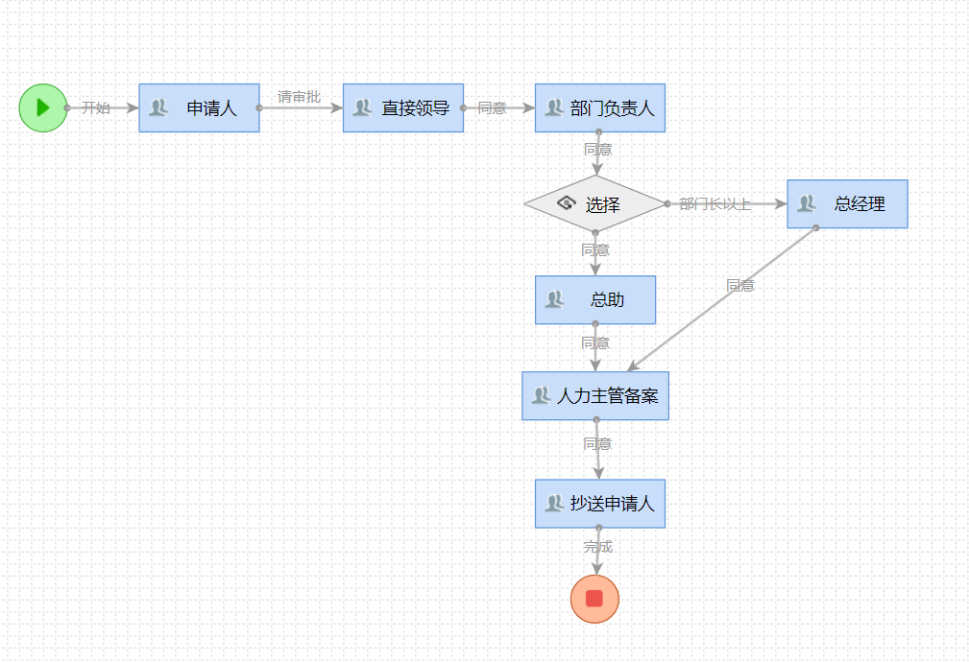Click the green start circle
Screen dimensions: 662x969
click(x=42, y=107)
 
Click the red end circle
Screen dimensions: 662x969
click(x=594, y=599)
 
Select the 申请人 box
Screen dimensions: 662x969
click(x=199, y=107)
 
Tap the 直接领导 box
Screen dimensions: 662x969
click(x=403, y=107)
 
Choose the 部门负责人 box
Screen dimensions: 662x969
click(x=600, y=107)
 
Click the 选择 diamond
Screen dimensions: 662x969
click(x=595, y=204)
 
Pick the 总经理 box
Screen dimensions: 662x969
click(x=847, y=203)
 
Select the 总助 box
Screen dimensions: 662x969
click(x=595, y=299)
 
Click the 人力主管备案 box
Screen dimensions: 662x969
click(x=595, y=395)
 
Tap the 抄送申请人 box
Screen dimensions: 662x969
click(x=600, y=503)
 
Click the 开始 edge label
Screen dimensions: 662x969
click(x=95, y=107)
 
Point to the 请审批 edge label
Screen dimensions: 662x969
click(x=299, y=96)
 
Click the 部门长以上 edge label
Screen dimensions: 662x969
click(x=715, y=203)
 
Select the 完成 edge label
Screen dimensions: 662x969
click(x=597, y=547)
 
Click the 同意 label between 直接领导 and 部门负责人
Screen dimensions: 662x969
click(x=492, y=107)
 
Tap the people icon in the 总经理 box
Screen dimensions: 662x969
click(x=807, y=203)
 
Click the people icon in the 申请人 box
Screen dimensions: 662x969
click(x=158, y=107)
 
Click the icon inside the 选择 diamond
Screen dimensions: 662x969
click(x=566, y=203)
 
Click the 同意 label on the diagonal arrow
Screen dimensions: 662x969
click(x=739, y=285)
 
